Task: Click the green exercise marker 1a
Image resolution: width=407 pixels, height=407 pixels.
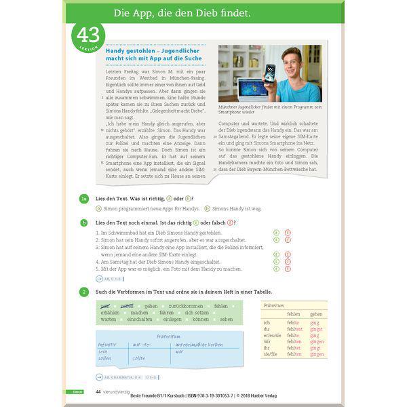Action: [83, 197]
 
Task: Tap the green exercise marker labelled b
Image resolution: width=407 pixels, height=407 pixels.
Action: [83, 222]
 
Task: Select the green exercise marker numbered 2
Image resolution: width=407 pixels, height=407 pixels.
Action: [83, 292]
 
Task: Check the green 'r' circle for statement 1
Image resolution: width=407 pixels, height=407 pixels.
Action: [276, 232]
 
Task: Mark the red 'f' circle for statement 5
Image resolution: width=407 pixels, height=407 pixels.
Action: [287, 269]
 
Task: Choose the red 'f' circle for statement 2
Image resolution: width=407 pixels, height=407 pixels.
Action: [287, 240]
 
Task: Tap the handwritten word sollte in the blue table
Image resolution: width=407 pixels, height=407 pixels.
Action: [139, 357]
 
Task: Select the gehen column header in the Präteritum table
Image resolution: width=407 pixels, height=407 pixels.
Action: [316, 314]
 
